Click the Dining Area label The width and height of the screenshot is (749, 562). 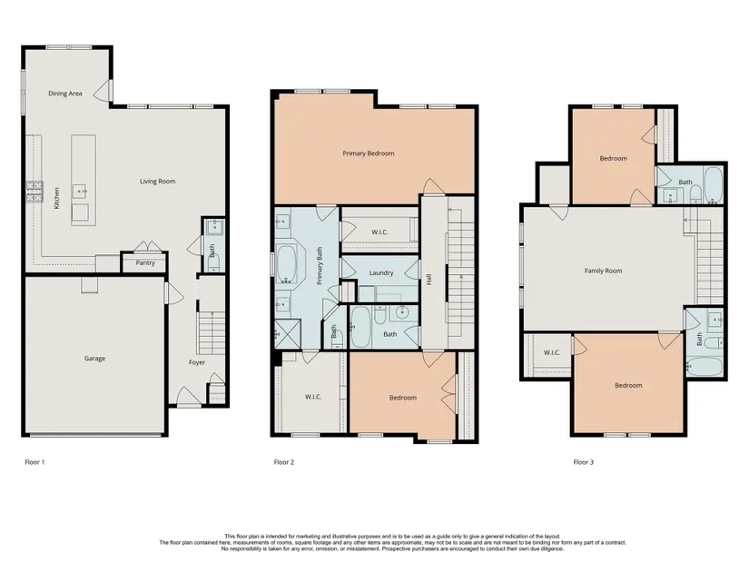[65, 94]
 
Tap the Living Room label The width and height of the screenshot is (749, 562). [158, 181]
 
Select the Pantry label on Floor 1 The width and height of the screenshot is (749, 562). [145, 262]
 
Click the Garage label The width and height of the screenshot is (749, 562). [94, 359]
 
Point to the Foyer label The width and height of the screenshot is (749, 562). [197, 362]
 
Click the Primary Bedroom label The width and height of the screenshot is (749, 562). [369, 153]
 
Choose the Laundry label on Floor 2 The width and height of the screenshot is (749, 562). [381, 273]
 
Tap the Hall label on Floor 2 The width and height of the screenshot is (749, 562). [429, 279]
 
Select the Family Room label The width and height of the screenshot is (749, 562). [604, 271]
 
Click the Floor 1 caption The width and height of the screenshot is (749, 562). [34, 462]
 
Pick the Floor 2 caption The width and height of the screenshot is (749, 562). [284, 462]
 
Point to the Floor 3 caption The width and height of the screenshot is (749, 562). [584, 462]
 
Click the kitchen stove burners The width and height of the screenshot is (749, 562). [34, 192]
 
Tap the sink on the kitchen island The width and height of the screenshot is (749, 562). [79, 192]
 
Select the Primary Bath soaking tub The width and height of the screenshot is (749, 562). [286, 264]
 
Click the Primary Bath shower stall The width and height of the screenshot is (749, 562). [288, 334]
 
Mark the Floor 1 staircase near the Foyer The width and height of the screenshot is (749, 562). [212, 332]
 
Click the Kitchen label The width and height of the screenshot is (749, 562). [57, 198]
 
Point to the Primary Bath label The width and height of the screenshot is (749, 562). [320, 266]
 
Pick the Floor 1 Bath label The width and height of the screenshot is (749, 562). [212, 251]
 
